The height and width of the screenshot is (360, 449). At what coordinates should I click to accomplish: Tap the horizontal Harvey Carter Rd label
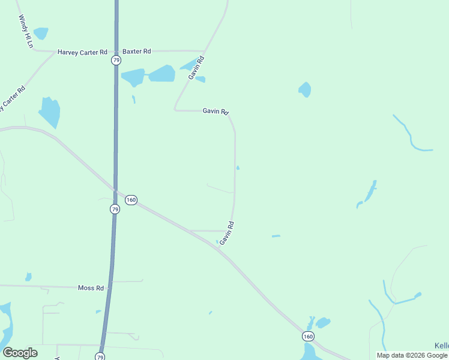click(x=82, y=52)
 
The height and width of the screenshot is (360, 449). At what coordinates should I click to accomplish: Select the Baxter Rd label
click(x=137, y=52)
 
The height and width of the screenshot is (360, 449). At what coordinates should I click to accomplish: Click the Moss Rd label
click(x=91, y=288)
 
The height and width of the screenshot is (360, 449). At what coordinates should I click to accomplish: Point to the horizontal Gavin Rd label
click(x=215, y=111)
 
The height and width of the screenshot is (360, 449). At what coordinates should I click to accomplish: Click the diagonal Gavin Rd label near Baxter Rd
click(x=197, y=68)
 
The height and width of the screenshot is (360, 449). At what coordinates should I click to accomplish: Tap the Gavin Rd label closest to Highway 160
click(x=226, y=233)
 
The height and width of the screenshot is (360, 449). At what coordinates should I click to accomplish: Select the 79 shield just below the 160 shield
click(x=115, y=209)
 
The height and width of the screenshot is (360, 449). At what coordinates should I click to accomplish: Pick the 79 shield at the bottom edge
click(x=100, y=356)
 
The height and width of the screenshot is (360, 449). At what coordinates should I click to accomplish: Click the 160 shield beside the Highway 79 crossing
click(x=131, y=200)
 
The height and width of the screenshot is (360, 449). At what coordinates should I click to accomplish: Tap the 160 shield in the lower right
click(x=307, y=336)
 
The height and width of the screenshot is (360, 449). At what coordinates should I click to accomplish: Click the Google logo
click(x=20, y=353)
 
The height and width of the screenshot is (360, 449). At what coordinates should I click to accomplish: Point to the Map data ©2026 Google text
click(x=412, y=355)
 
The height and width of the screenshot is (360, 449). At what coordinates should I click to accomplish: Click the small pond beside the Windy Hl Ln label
click(x=41, y=33)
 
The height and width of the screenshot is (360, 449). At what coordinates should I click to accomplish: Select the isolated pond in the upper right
click(x=305, y=89)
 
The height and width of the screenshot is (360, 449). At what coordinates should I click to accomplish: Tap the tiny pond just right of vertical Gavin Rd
click(x=238, y=167)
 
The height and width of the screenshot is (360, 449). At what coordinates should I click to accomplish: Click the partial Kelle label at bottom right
click(x=441, y=346)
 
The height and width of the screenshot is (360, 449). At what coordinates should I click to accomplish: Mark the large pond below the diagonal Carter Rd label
click(x=49, y=112)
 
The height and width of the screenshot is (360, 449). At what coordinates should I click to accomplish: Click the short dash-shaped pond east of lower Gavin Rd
click(x=276, y=236)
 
